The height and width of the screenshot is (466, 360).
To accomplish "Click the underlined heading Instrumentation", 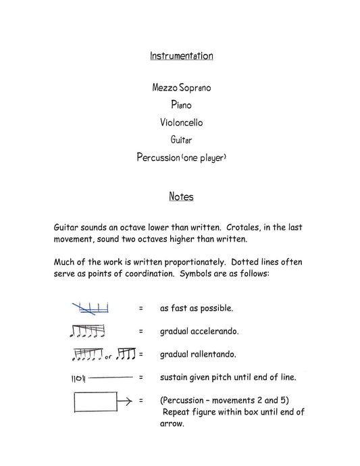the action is (x=181, y=56).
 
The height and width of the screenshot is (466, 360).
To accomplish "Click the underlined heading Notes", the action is (x=180, y=197).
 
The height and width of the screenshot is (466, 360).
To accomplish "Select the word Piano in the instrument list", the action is (x=180, y=105).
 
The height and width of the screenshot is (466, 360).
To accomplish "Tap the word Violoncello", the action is (x=181, y=122).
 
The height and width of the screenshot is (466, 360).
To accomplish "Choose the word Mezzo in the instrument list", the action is (x=166, y=87).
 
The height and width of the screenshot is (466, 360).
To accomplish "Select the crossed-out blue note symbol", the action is (x=91, y=308).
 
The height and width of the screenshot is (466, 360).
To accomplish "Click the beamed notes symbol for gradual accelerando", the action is (x=88, y=331).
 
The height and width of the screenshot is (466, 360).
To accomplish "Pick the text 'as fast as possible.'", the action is (x=197, y=308).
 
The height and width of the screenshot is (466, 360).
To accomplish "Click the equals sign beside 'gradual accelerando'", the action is (x=141, y=331).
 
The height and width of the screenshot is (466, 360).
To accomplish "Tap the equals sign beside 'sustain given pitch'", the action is (x=141, y=377).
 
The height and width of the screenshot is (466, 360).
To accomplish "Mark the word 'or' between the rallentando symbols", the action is (x=108, y=357).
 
